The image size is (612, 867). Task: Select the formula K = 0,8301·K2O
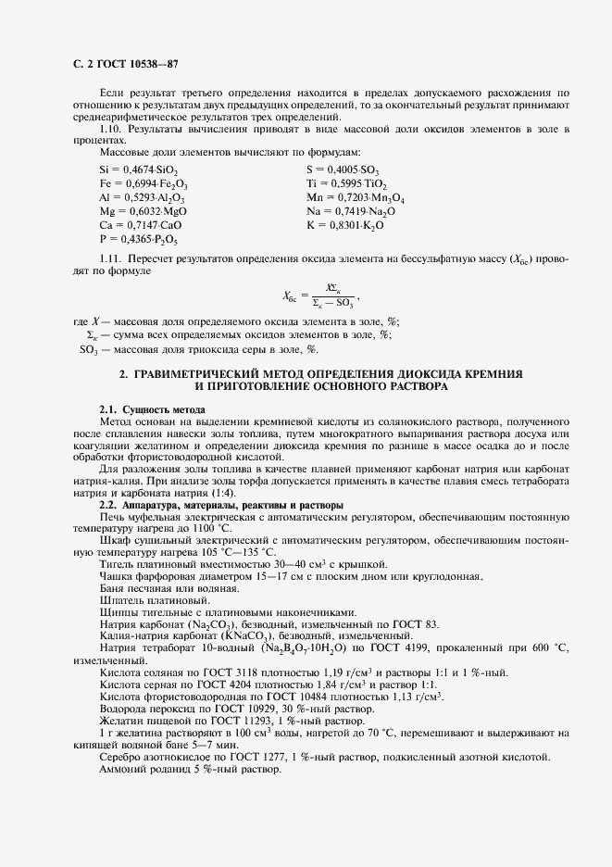[344, 225]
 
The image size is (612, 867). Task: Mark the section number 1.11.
[109, 256]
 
